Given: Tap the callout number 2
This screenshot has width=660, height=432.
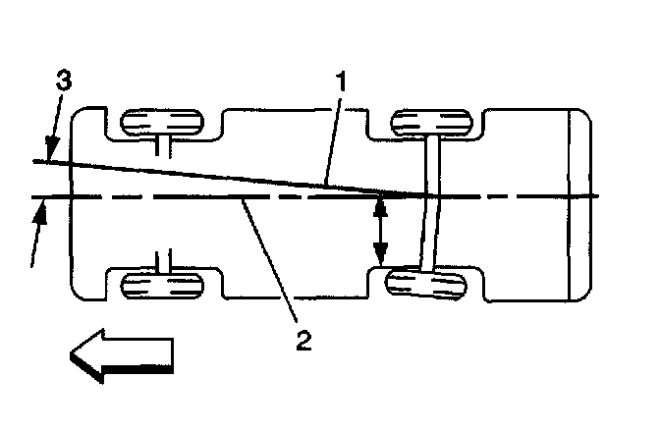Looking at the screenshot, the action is [304, 342].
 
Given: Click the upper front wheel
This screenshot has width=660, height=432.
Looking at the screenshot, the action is [159, 125].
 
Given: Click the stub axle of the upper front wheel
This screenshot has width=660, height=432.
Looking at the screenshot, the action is [163, 146].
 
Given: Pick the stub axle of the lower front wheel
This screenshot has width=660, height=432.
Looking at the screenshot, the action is [163, 261].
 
